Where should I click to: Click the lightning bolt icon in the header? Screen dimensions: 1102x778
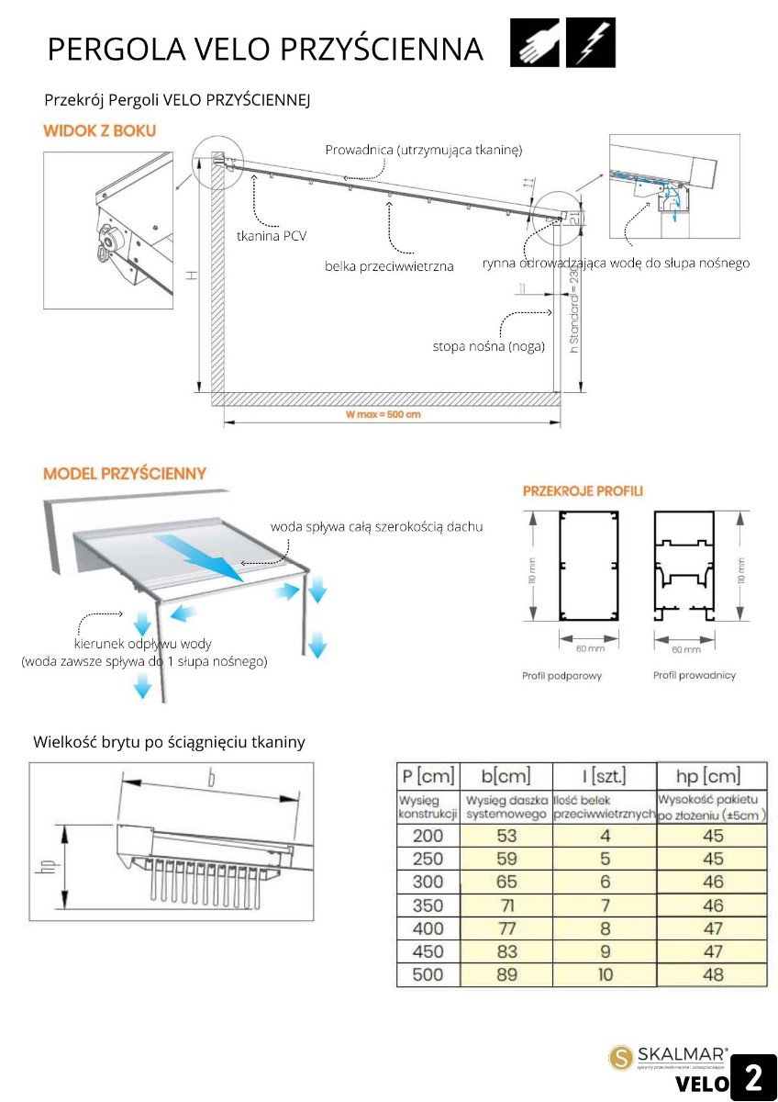[590, 42]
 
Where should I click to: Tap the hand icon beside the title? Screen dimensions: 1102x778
[535, 42]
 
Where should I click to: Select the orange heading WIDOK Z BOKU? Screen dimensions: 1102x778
[99, 130]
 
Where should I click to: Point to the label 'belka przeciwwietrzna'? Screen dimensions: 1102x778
[389, 266]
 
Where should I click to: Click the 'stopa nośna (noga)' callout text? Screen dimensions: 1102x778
[489, 346]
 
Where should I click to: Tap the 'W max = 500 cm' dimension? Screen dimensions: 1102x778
[383, 414]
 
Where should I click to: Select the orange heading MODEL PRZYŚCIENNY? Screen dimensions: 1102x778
[125, 474]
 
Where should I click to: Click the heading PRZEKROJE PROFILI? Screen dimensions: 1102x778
[583, 490]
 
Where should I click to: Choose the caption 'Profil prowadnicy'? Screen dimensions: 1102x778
[695, 676]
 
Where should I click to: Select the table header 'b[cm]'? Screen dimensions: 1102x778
[506, 776]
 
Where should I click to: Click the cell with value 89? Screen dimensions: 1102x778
[506, 974]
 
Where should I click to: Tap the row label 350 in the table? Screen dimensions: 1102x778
[428, 905]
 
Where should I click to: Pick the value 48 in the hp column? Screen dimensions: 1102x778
[712, 974]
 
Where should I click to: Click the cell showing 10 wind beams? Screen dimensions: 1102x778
[605, 974]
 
